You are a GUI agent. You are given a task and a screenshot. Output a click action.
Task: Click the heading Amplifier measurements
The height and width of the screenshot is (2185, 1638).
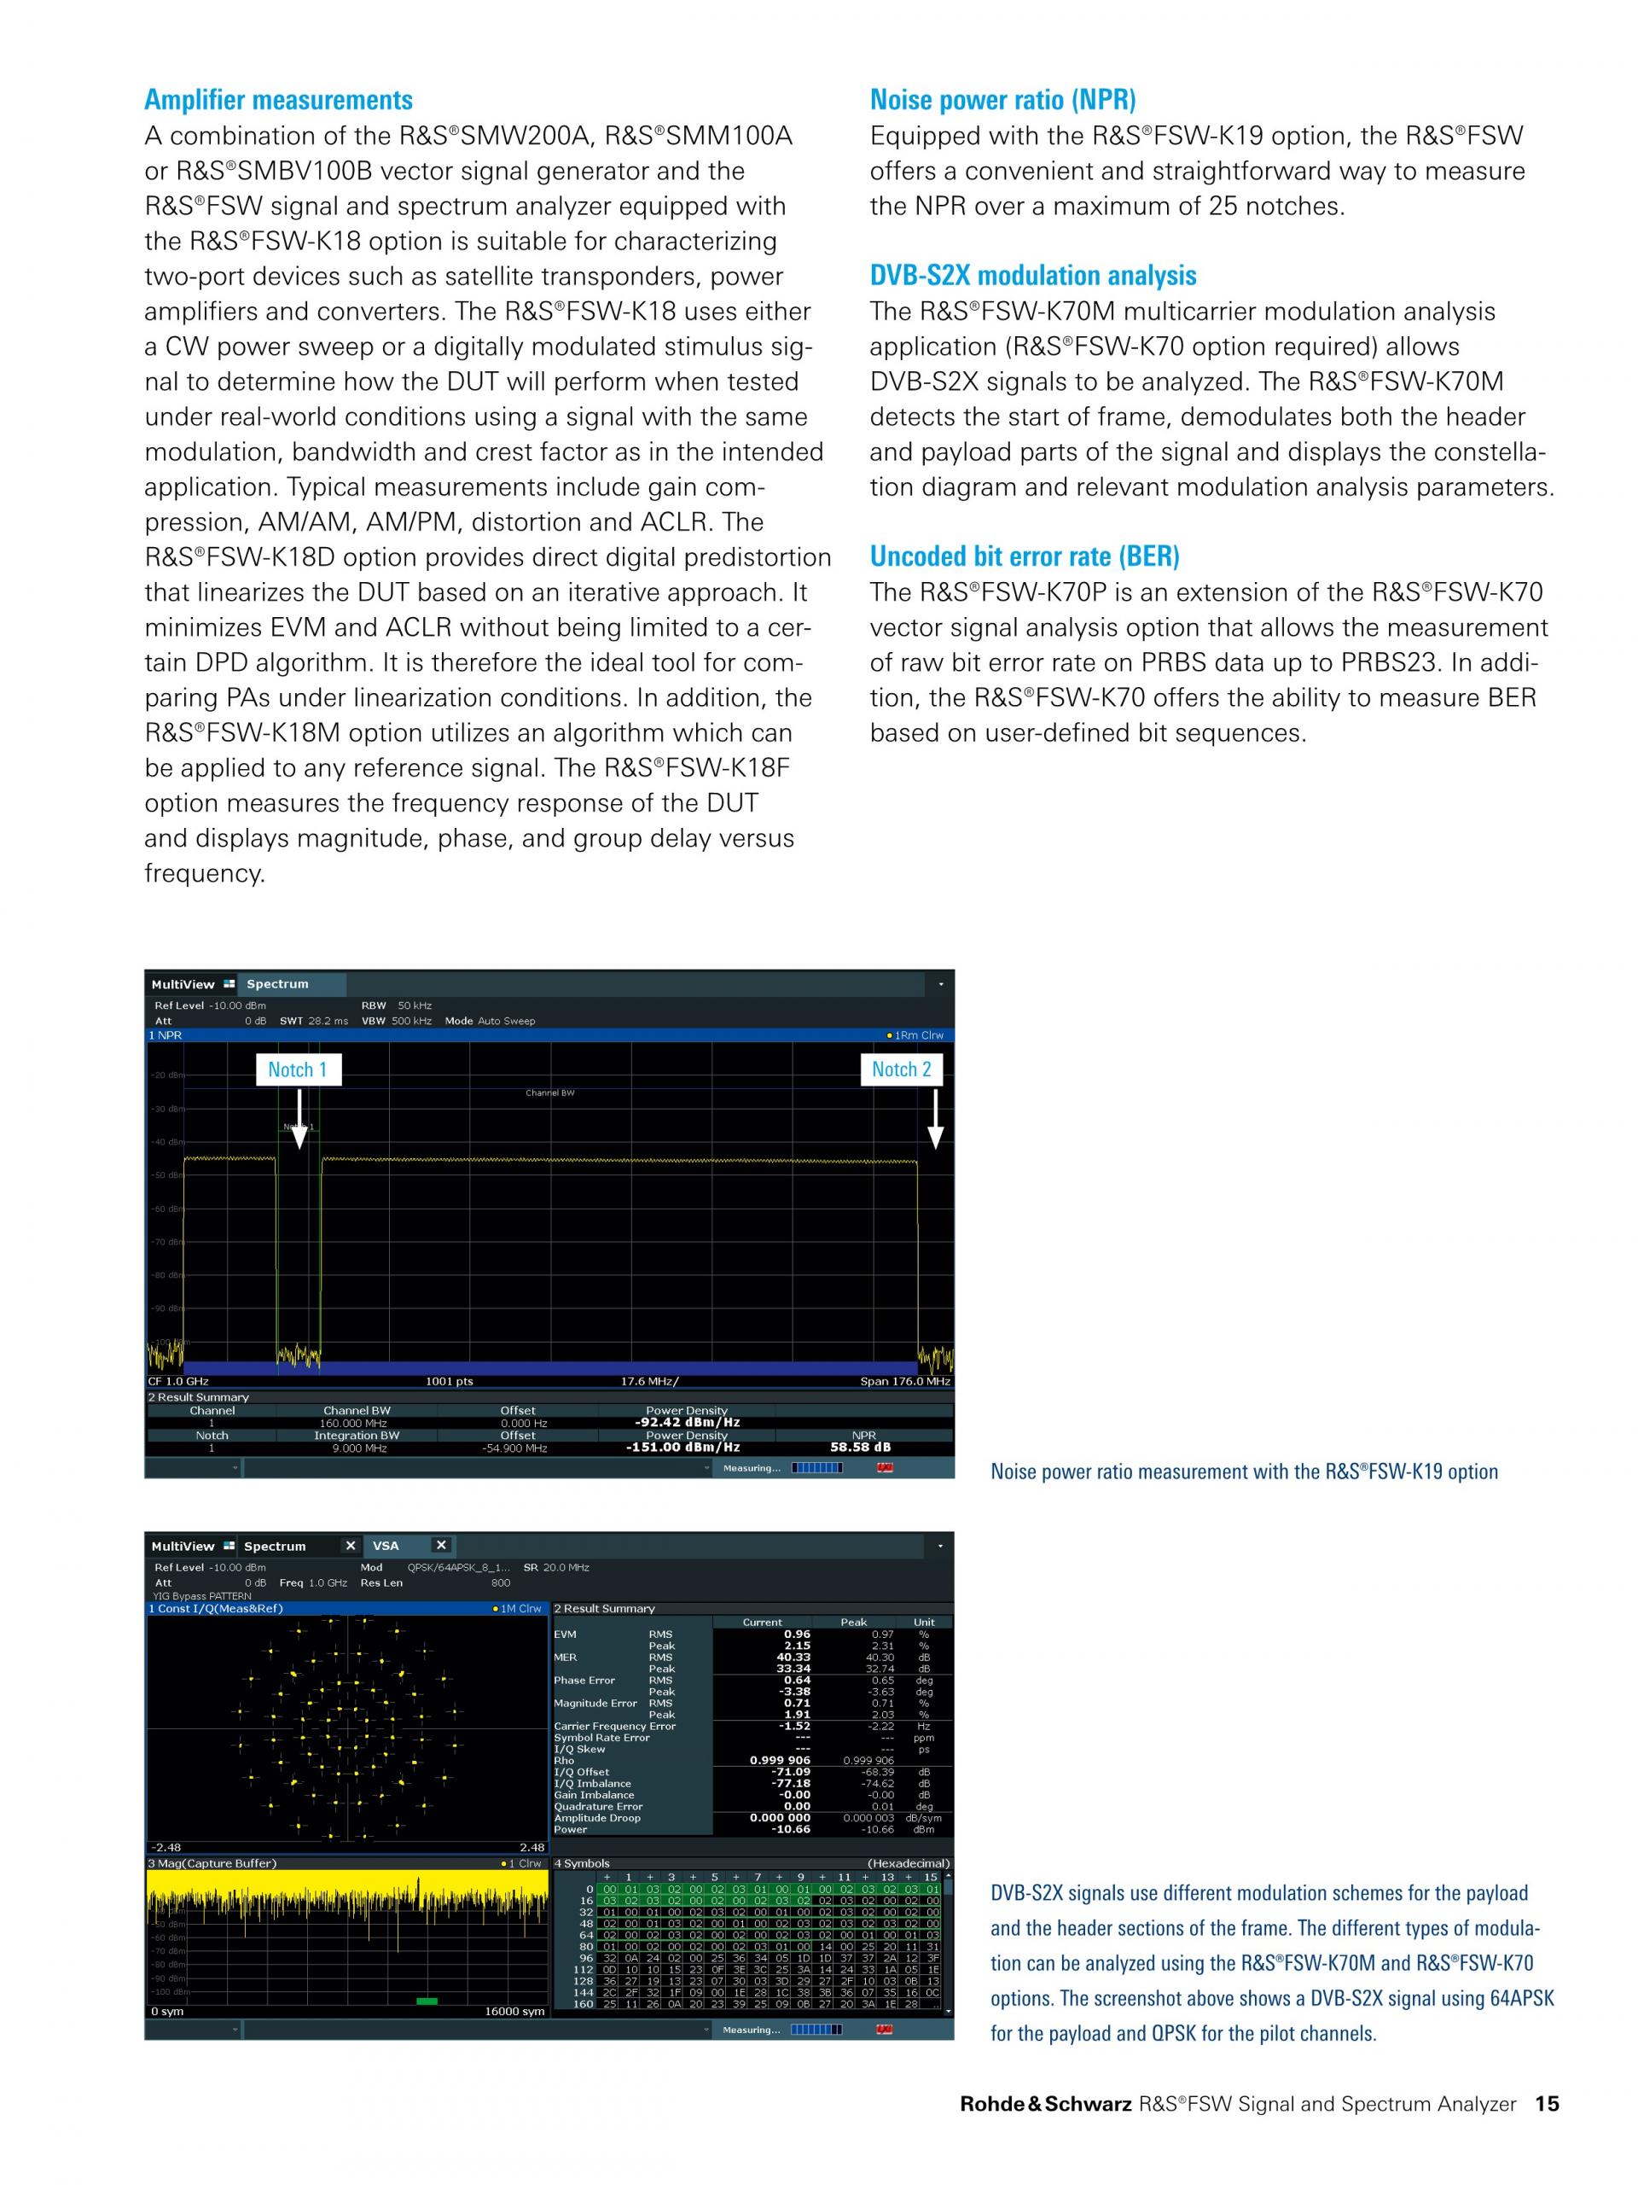pos(278,100)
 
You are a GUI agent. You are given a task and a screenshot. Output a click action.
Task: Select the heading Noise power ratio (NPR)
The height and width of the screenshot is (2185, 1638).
pos(1002,100)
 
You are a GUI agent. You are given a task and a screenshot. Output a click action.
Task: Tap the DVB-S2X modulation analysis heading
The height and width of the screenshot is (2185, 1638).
pos(1033,276)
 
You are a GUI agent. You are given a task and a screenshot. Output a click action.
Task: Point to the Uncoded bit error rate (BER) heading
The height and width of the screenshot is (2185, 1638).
pos(1024,556)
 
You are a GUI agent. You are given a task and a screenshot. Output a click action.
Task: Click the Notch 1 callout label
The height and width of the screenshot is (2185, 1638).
pos(297,1069)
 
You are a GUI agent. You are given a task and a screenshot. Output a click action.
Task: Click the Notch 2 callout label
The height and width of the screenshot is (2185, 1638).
pos(900,1069)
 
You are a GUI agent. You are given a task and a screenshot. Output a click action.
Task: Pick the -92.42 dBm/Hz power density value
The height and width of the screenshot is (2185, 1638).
pos(686,1423)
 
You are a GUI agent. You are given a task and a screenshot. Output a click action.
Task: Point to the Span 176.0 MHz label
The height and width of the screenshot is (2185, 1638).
pos(904,1381)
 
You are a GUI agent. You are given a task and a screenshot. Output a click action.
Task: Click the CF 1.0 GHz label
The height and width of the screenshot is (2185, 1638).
pos(178,1381)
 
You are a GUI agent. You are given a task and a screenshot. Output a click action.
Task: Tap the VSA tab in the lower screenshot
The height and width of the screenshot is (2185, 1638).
pos(386,1546)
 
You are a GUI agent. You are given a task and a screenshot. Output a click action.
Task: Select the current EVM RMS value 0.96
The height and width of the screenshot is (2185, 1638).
pos(797,1634)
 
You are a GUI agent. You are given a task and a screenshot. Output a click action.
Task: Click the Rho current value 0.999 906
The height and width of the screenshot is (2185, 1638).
pos(780,1760)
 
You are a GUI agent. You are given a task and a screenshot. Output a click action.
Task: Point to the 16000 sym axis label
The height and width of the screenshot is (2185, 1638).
pos(514,2011)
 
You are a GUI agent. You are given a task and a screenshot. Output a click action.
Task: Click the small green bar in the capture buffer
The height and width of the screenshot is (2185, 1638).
pos(427,2001)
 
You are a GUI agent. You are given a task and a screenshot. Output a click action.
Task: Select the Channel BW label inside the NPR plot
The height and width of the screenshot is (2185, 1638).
pos(550,1093)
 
